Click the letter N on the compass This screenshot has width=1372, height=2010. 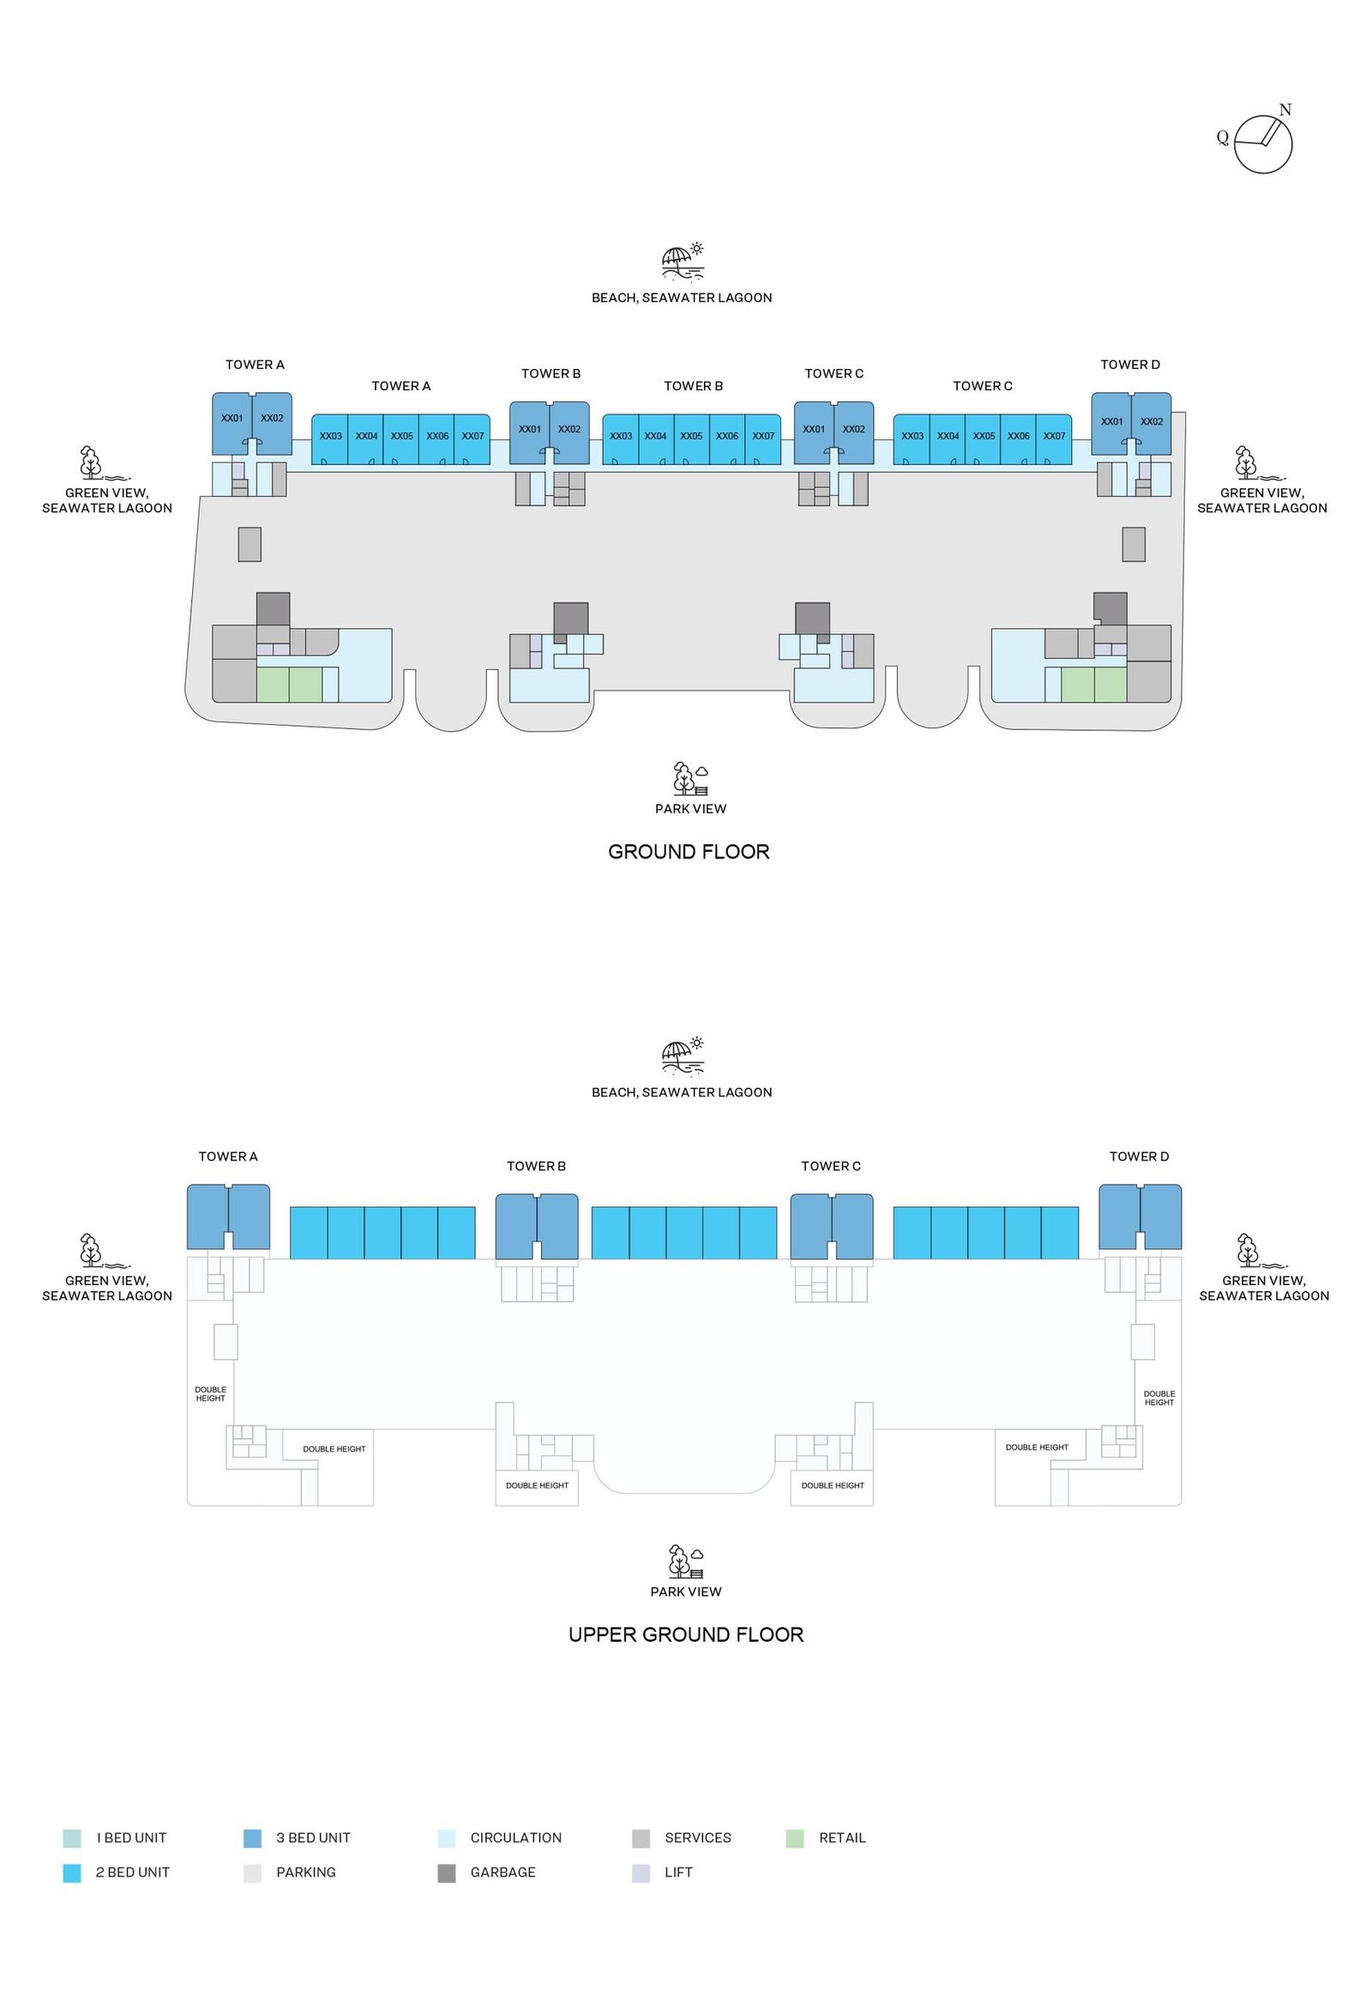(1285, 110)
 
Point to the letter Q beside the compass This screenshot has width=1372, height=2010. (1223, 137)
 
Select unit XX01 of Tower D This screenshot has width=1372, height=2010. (1112, 421)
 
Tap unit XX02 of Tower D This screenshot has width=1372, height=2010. (1152, 421)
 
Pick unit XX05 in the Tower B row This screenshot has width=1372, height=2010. (691, 436)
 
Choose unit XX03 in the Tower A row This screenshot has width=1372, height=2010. (330, 436)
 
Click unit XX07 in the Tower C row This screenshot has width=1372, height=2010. (1054, 436)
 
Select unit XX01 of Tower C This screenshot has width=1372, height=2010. (814, 429)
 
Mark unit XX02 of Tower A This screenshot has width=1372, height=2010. (272, 418)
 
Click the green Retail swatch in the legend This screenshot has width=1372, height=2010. (795, 1838)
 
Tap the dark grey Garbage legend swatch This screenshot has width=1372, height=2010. (447, 1873)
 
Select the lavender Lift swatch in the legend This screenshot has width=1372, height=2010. (641, 1873)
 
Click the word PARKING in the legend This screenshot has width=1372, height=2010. (306, 1873)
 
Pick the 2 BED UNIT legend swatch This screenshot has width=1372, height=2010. (73, 1873)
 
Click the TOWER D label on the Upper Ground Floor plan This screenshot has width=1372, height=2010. (1139, 1156)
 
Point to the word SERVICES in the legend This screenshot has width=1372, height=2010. (698, 1838)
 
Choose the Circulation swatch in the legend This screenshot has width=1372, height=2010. (447, 1838)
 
